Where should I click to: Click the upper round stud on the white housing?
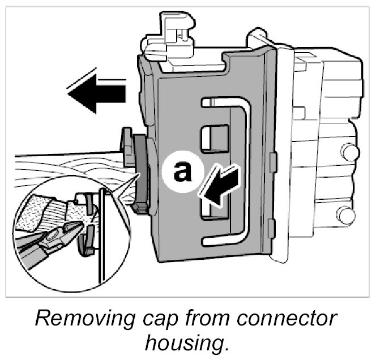pyautogui.click(x=350, y=152)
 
